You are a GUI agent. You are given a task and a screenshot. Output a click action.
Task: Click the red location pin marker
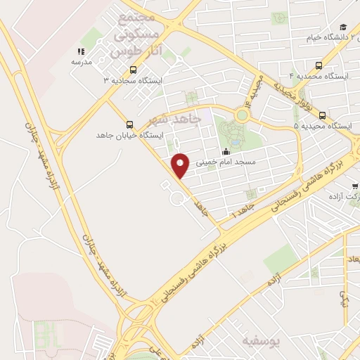[181, 165]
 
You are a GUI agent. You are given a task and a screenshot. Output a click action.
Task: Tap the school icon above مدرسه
[81, 51]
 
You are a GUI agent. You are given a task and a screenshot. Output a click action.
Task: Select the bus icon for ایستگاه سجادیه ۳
[134, 70]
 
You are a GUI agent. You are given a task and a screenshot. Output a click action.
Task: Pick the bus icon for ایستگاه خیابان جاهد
[128, 124]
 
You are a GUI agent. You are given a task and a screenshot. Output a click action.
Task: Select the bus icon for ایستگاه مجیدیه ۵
[322, 115]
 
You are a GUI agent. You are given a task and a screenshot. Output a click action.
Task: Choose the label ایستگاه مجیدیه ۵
[323, 127]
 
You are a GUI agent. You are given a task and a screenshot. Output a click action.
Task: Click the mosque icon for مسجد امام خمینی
[226, 151]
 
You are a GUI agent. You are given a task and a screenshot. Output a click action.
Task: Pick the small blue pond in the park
[235, 141]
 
